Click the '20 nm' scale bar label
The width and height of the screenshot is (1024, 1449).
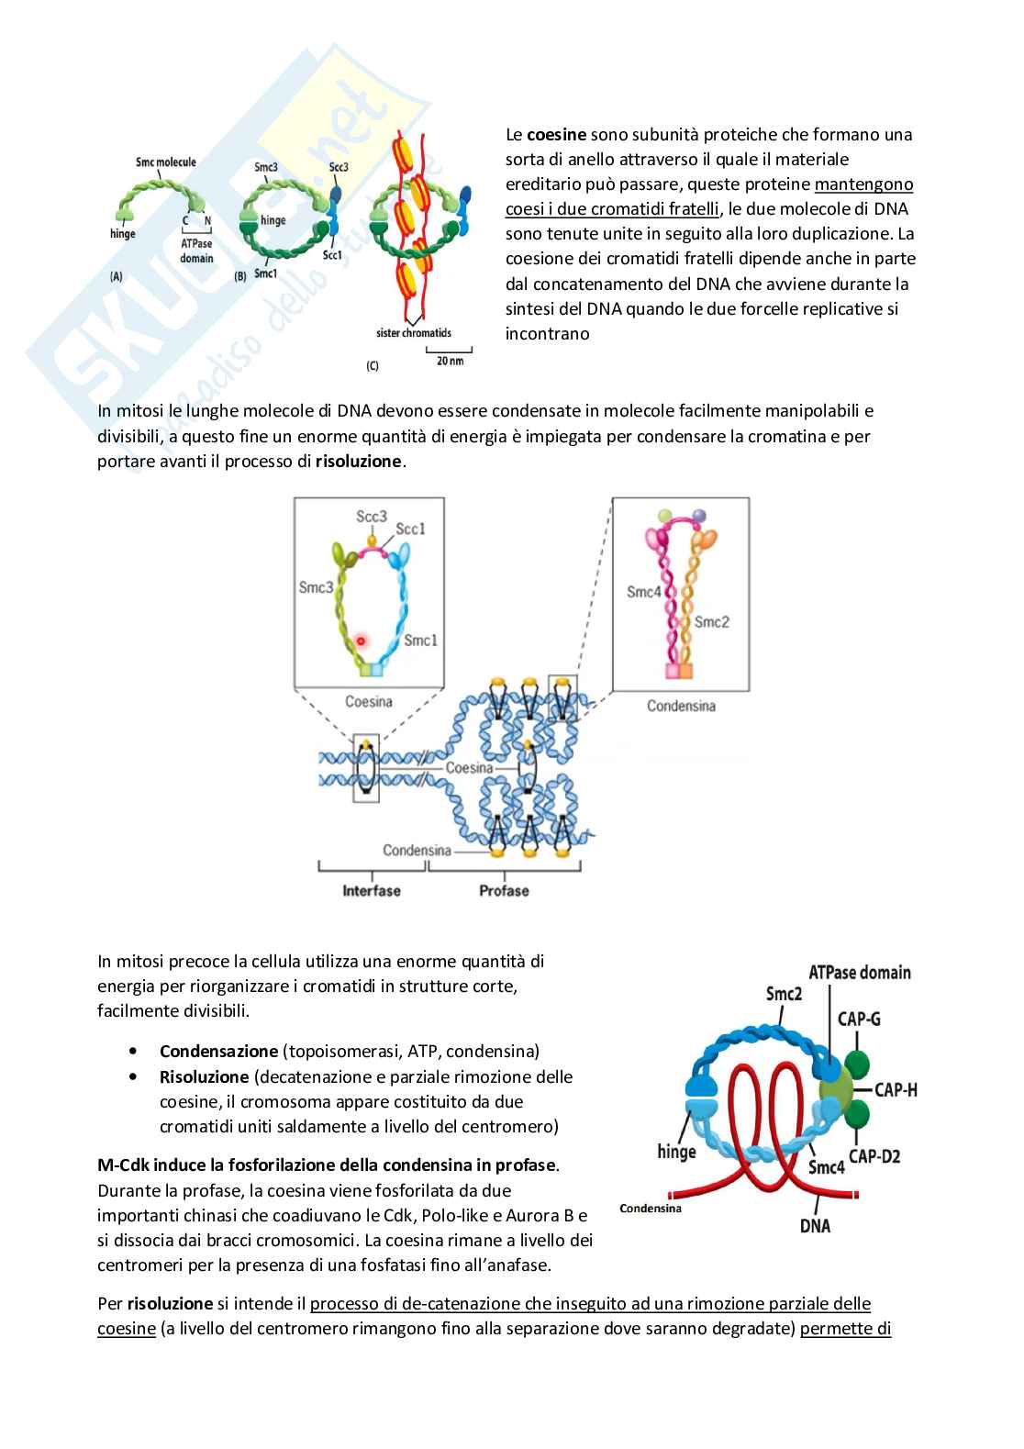click(x=450, y=362)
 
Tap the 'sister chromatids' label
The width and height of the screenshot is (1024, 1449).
click(x=414, y=333)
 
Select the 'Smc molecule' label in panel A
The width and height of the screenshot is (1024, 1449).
click(x=166, y=162)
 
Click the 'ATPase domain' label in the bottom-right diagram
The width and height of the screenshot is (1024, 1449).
click(x=860, y=972)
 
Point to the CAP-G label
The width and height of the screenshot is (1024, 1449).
click(x=859, y=1018)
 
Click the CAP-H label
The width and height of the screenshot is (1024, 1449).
click(x=896, y=1090)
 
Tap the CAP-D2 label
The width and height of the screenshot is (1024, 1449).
click(x=874, y=1156)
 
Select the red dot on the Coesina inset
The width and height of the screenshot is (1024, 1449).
click(x=362, y=641)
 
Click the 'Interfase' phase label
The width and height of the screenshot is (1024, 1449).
click(x=372, y=890)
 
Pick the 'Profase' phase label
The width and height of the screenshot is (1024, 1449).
click(x=504, y=890)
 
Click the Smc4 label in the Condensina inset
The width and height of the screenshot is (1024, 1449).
click(x=644, y=592)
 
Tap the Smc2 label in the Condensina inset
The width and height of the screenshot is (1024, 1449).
click(x=712, y=622)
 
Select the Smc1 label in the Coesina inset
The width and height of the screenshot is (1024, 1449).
click(x=420, y=640)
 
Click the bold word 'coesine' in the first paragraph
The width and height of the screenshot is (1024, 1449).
click(x=556, y=135)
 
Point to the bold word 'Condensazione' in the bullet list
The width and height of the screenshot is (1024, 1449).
click(x=218, y=1052)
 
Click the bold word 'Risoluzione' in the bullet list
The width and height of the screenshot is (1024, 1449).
click(x=204, y=1076)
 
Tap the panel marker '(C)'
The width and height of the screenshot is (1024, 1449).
click(x=373, y=366)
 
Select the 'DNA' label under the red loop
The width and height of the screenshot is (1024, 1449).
click(x=815, y=1224)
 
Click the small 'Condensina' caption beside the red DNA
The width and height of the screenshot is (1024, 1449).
click(x=651, y=1209)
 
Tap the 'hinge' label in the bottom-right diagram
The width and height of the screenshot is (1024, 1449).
click(x=676, y=1151)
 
